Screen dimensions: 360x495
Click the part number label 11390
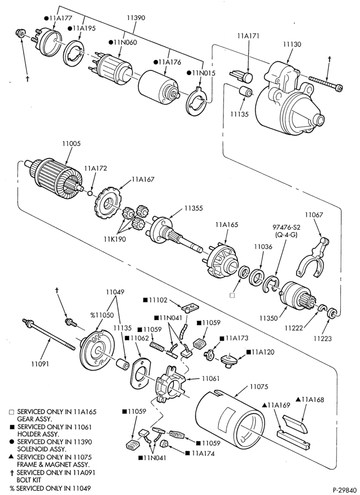pyautogui.click(x=136, y=18)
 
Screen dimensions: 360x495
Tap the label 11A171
pyautogui.click(x=248, y=36)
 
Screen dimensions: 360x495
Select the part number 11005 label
pyautogui.click(x=71, y=144)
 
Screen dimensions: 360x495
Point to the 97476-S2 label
pyautogui.click(x=285, y=227)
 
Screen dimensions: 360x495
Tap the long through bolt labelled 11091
pyautogui.click(x=48, y=335)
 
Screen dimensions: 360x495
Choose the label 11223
pyautogui.click(x=322, y=339)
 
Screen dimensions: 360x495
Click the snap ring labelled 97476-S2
pyautogui.click(x=271, y=284)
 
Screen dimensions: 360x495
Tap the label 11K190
pyautogui.click(x=115, y=239)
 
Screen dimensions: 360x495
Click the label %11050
pyautogui.click(x=102, y=315)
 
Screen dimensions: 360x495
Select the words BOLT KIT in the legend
pyautogui.click(x=28, y=480)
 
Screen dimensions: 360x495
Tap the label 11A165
pyautogui.click(x=226, y=225)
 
